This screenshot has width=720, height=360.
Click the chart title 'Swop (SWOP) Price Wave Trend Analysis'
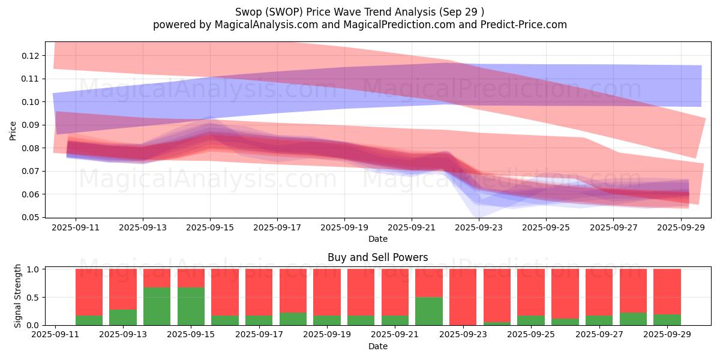coord(359,11)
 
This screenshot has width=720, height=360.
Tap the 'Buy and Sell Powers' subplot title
coord(377,257)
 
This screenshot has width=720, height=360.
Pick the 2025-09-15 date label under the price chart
coord(210,228)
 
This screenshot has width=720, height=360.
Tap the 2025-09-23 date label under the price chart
coord(479,228)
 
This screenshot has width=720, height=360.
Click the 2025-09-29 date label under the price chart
coord(680,228)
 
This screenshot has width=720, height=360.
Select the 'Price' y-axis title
coord(13,130)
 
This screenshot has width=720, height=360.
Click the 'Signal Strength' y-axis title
coord(18,295)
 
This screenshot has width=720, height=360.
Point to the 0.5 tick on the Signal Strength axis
coord(34,297)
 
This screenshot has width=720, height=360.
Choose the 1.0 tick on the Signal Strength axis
coord(34,269)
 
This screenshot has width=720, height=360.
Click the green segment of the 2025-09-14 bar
coord(157,306)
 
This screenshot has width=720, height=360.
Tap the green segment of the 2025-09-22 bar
coord(428,311)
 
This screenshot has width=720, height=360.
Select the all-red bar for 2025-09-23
coord(463,296)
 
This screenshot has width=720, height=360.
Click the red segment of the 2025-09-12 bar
coord(89,292)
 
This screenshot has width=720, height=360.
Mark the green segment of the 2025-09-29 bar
coord(667,320)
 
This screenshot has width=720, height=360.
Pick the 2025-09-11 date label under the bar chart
coord(55,335)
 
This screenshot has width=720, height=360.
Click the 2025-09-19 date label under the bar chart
coord(327,335)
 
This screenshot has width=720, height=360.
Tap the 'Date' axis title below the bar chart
coord(377,346)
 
